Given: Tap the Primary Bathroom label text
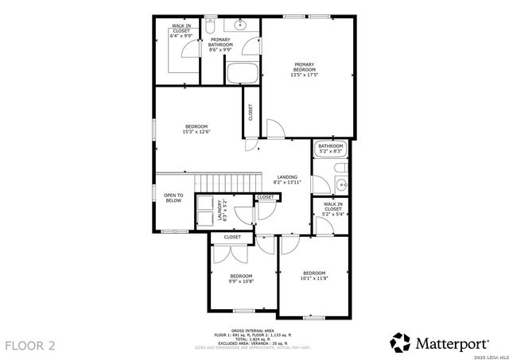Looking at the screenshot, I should tap(220, 45).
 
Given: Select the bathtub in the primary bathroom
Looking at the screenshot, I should tap(243, 72).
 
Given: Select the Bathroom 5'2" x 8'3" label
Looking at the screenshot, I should tap(330, 149).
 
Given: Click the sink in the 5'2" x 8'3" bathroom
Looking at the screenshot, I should tap(340, 186).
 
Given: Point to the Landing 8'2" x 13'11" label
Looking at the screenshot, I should tap(287, 180).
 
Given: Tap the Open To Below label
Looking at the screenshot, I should tap(173, 198).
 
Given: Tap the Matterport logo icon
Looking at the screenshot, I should tap(400, 343).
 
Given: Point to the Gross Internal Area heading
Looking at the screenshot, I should tap(252, 329).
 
